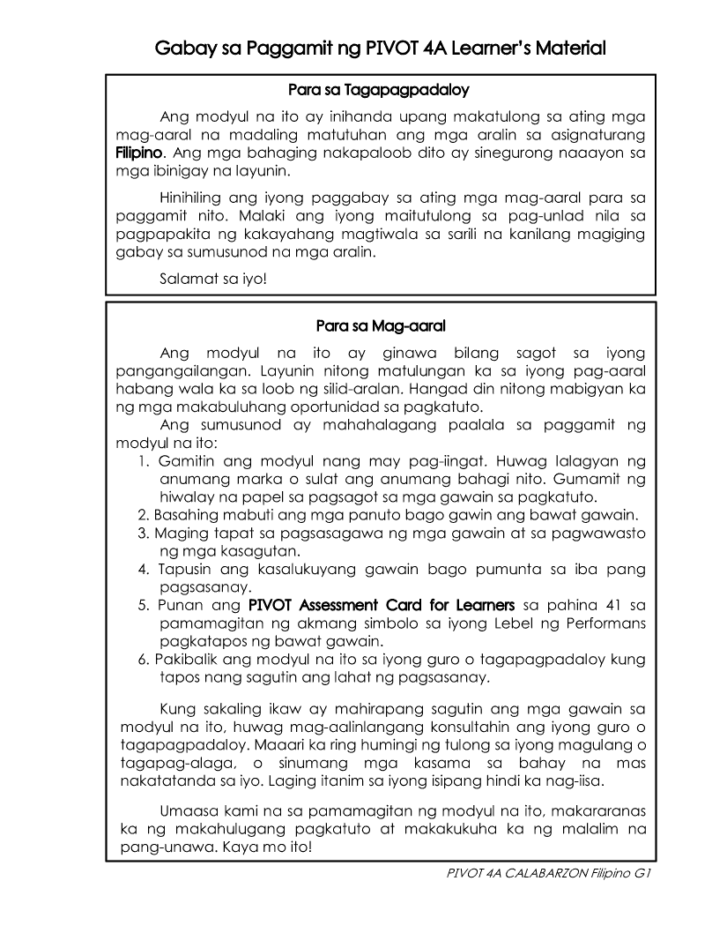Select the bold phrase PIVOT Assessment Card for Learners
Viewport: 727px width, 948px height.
382,606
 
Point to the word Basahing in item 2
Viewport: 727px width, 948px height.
183,515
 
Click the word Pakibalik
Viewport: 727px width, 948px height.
186,660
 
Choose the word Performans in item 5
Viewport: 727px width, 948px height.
605,624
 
